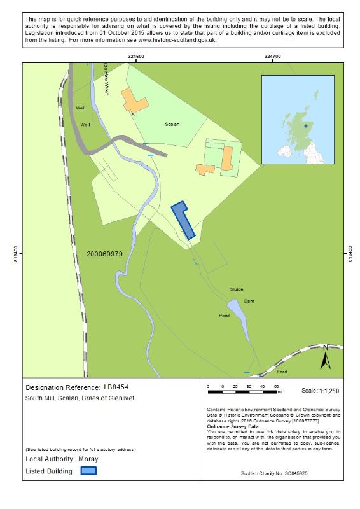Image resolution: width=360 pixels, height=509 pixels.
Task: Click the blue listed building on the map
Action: pyautogui.click(x=183, y=220)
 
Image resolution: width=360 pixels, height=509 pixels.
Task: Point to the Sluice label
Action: pyautogui.click(x=237, y=289)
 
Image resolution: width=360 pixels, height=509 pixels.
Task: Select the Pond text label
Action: pyautogui.click(x=224, y=316)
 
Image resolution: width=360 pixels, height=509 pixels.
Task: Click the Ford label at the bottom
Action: pyautogui.click(x=282, y=372)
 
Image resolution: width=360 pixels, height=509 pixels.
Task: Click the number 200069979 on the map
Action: pyautogui.click(x=104, y=254)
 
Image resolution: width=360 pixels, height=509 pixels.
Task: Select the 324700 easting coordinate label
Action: pyautogui.click(x=273, y=57)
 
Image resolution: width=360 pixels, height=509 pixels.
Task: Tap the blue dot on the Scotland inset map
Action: pyautogui.click(x=305, y=126)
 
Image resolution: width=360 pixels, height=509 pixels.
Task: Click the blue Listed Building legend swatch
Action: pyautogui.click(x=88, y=471)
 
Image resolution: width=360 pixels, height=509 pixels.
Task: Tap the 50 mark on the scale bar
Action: pyautogui.click(x=277, y=386)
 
